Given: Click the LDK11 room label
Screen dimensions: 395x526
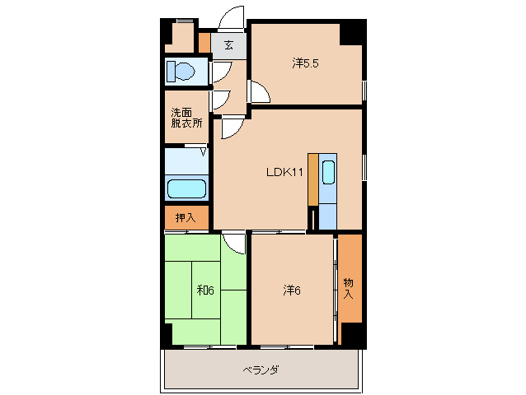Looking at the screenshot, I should [x=285, y=173].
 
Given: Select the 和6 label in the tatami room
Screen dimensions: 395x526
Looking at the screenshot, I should [x=205, y=290].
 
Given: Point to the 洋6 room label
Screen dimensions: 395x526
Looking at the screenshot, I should [x=291, y=290].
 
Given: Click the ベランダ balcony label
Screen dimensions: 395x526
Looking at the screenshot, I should [x=260, y=370].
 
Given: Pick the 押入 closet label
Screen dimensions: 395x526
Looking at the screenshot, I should [x=186, y=218].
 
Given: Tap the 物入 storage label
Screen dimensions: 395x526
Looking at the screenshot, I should [x=349, y=288].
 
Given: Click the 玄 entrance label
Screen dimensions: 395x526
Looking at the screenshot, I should [x=228, y=45].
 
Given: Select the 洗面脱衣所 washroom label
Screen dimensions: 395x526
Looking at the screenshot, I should [x=186, y=118].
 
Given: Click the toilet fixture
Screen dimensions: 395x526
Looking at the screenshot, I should [x=181, y=72].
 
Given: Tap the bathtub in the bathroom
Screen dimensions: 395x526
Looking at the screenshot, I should [x=186, y=188].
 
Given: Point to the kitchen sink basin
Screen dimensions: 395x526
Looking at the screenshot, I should [x=328, y=173].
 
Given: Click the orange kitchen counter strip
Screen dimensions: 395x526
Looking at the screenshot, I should [x=312, y=179].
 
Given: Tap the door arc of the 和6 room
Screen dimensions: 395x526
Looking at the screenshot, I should [x=235, y=244].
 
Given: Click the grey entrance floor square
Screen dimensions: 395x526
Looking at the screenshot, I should [x=229, y=45].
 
